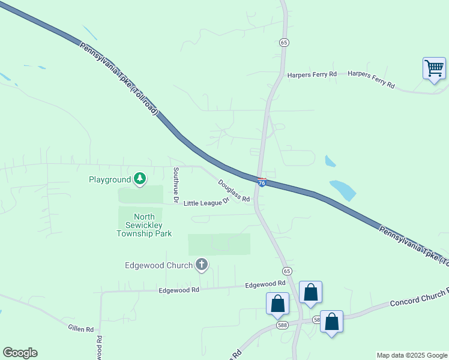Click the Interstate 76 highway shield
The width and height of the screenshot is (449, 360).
click(x=262, y=181)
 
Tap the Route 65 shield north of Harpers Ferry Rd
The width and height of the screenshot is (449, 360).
click(x=284, y=42)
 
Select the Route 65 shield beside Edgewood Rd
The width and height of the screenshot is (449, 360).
click(x=287, y=271)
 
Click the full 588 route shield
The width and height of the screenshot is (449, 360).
click(x=282, y=325)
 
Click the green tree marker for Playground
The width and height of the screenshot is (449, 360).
click(x=140, y=178)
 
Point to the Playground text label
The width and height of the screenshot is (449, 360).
click(x=109, y=179)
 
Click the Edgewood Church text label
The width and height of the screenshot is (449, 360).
click(x=158, y=265)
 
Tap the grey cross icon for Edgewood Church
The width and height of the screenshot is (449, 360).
click(x=202, y=264)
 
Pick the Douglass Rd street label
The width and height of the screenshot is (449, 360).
click(x=234, y=191)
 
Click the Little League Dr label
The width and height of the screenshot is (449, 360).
click(x=206, y=203)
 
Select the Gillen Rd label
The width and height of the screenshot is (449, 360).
click(x=80, y=329)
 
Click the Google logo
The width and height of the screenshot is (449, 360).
click(x=20, y=353)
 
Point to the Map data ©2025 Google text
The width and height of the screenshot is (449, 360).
click(x=411, y=355)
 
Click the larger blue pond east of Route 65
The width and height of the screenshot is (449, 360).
click(x=343, y=189)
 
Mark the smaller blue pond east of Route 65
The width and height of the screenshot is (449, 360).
click(x=330, y=161)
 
